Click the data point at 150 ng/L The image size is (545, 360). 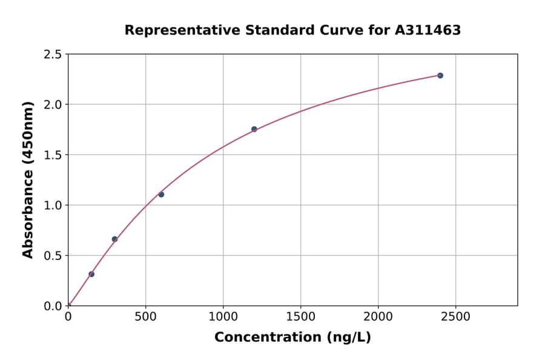pyautogui.click(x=91, y=274)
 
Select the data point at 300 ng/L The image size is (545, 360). pyautogui.click(x=114, y=239)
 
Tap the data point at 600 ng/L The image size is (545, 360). pyautogui.click(x=161, y=195)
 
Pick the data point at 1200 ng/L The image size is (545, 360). pyautogui.click(x=254, y=129)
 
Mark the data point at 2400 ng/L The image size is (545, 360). pyautogui.click(x=440, y=75)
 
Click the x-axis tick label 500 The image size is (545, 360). pyautogui.click(x=145, y=317)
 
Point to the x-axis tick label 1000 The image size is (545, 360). pyautogui.click(x=223, y=317)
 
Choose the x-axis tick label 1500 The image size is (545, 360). pyautogui.click(x=301, y=317)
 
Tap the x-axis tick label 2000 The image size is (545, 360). pyautogui.click(x=378, y=317)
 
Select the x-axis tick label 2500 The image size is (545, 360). pyautogui.click(x=456, y=317)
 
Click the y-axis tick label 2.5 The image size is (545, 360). pyautogui.click(x=52, y=55)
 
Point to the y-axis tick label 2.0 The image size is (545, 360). pyautogui.click(x=52, y=105)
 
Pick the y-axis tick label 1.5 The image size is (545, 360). pyautogui.click(x=52, y=155)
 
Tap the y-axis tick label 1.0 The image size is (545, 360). pyautogui.click(x=52, y=205)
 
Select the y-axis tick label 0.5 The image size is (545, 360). pyautogui.click(x=52, y=256)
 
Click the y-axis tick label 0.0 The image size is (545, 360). pyautogui.click(x=52, y=306)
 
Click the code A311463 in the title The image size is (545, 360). pyautogui.click(x=428, y=30)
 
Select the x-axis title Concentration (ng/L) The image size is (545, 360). pyautogui.click(x=292, y=338)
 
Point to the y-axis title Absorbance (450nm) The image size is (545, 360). pyautogui.click(x=28, y=180)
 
